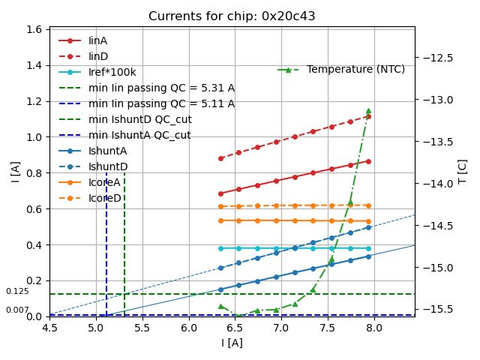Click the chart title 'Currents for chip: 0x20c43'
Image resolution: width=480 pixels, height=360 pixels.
coord(232,16)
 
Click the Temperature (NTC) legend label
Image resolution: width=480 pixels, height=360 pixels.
coord(355,70)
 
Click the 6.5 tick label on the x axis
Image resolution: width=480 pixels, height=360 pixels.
coord(235,327)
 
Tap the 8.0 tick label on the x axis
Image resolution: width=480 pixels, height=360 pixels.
coord(373,327)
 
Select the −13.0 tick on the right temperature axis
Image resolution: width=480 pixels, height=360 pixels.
coord(439,100)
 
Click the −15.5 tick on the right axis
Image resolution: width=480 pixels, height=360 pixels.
coord(439,309)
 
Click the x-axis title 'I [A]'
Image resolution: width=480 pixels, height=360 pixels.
coord(232,343)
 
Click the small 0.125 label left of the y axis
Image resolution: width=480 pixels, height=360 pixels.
coord(17,291)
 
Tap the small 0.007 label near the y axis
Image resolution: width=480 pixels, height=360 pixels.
coord(17,310)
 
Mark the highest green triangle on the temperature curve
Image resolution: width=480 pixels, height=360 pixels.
coord(368,110)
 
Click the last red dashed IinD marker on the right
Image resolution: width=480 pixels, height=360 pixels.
coord(368,116)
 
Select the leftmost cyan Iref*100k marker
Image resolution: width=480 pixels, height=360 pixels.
coord(220,248)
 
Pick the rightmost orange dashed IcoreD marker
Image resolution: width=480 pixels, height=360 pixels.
coord(368,205)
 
